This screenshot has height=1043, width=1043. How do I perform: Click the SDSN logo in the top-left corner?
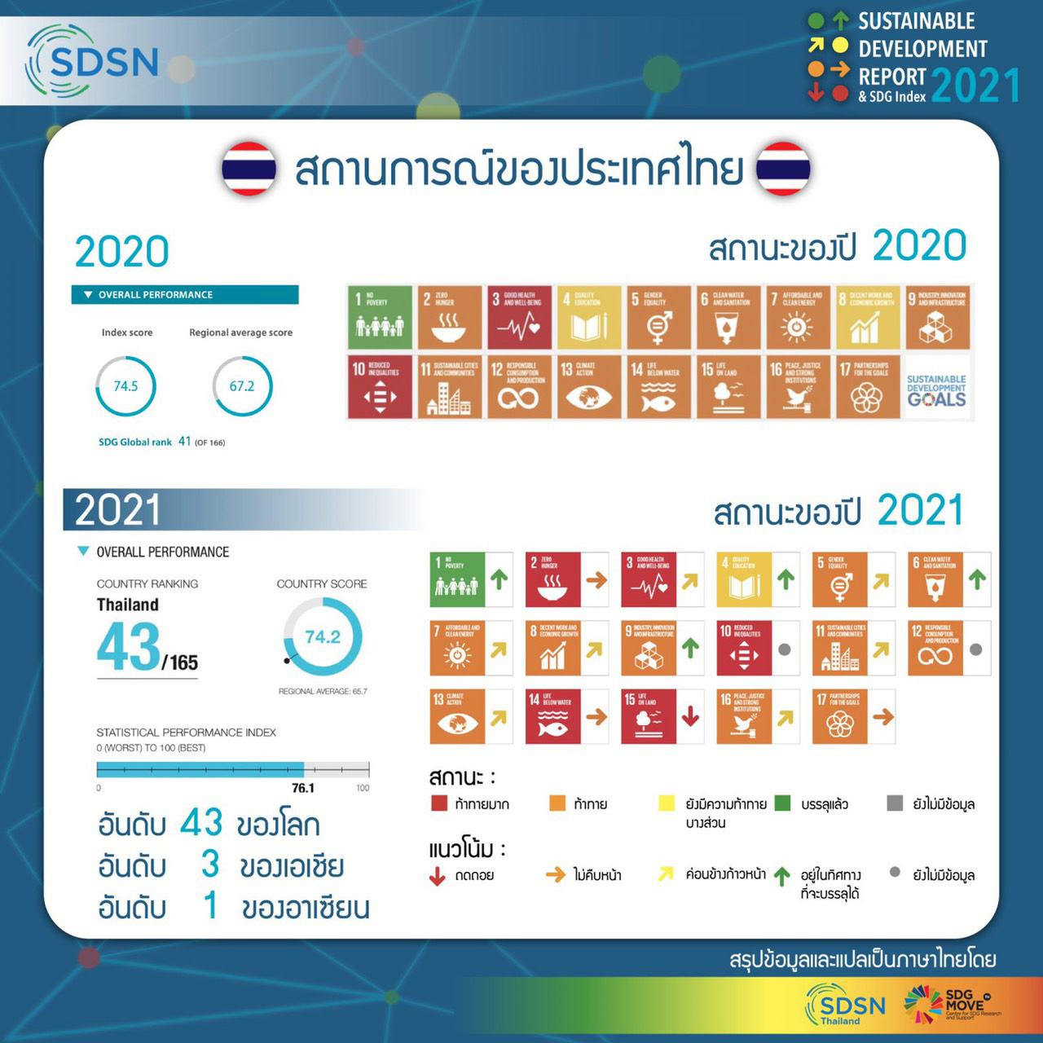coord(92,61)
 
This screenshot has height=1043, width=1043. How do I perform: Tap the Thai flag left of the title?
coord(249,169)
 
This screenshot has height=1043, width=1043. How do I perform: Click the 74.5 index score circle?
coord(125,386)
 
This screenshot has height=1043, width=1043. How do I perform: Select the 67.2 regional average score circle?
coord(242,386)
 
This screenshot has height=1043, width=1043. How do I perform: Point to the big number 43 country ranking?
coord(129,647)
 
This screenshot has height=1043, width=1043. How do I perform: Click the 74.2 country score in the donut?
coord(323,637)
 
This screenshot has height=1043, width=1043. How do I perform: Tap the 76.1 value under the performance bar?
coord(303,788)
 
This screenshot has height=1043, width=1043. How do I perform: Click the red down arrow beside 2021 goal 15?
coord(690,716)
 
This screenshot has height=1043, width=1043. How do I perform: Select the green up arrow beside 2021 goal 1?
coord(499,579)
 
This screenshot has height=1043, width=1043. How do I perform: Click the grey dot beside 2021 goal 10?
coord(785,649)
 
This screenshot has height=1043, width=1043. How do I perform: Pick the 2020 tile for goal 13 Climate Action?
coord(588,386)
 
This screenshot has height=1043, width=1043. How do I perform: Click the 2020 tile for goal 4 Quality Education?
coord(588,317)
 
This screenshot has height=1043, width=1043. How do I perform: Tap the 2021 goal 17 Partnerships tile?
coord(839,716)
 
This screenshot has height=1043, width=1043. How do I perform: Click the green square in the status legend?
coord(782,803)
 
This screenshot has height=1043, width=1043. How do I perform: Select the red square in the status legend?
coord(439,803)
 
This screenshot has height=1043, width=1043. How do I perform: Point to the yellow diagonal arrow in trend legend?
coord(666,874)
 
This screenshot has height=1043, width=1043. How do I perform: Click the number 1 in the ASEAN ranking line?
coord(210,905)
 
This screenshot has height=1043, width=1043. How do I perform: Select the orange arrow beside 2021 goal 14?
coord(596,716)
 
